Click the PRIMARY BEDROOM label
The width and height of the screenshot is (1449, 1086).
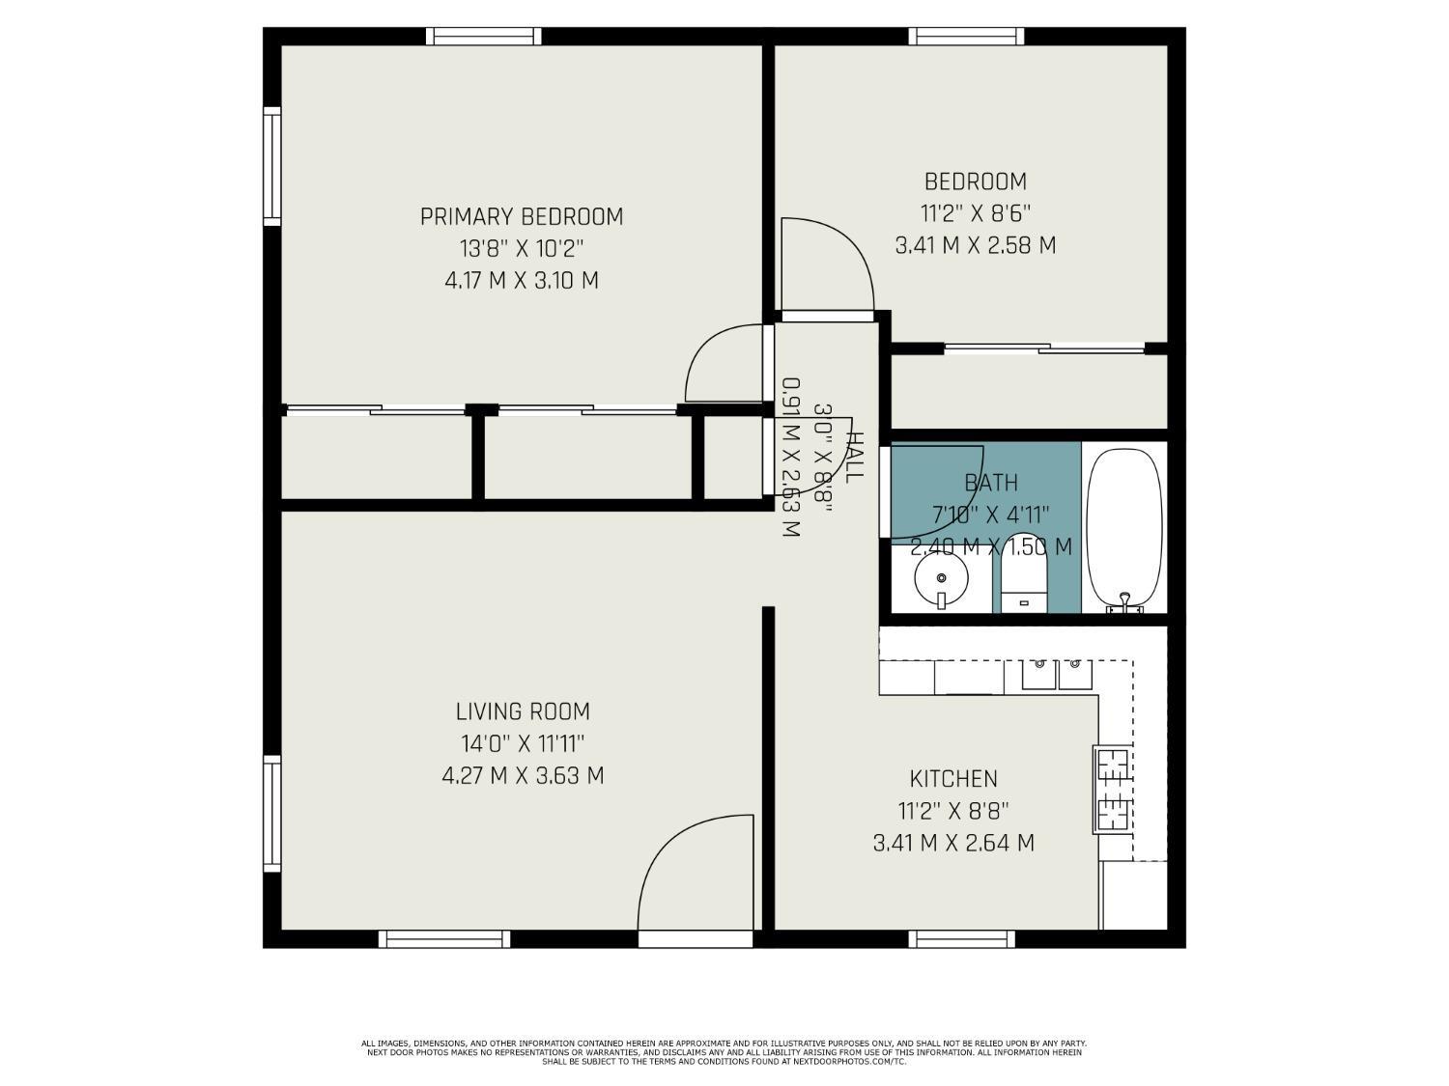point(522,216)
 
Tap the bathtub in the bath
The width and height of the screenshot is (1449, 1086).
point(1123,529)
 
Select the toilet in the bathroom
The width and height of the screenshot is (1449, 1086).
point(1022,576)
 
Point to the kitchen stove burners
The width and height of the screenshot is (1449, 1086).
point(1113,790)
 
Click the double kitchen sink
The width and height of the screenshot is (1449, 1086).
point(1057,674)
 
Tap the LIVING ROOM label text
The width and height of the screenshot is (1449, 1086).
point(523,711)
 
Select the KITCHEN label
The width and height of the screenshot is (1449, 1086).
point(953,778)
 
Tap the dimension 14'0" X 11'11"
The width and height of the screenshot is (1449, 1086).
point(523,743)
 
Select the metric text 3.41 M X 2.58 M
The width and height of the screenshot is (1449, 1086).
point(976,245)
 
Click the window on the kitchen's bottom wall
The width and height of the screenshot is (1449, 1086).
point(962,938)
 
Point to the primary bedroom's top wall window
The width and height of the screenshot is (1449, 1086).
point(483,37)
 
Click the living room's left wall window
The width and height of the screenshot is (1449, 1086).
point(272,815)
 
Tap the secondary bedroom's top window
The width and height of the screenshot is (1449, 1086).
point(966,37)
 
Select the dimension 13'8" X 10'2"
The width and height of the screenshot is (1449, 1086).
point(522,248)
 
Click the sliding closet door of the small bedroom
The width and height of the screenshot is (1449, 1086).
point(1044,348)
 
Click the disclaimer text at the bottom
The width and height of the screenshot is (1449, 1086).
point(724,1052)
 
